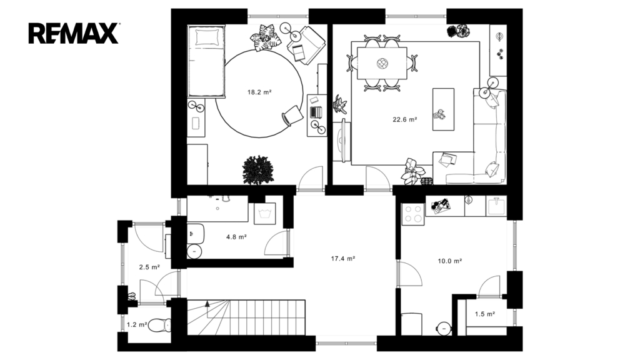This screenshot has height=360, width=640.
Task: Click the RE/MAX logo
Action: coord(74,34)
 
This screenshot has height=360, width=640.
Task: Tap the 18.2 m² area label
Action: coord(259,92)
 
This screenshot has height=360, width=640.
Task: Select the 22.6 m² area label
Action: coord(405,119)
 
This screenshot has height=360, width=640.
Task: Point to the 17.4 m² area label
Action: coord(343,258)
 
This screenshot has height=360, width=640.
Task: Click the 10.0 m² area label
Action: coord(450,261)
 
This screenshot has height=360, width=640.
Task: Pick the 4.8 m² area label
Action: coord(236,237)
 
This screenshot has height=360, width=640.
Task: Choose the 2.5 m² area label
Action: coord(149,267)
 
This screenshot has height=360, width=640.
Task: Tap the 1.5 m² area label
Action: coord(485,314)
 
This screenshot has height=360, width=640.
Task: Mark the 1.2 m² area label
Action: coord(137,325)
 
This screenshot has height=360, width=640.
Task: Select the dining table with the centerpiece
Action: coord(382,63)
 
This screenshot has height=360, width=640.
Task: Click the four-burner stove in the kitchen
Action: coord(413,214)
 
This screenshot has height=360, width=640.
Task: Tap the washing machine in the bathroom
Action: coord(264,214)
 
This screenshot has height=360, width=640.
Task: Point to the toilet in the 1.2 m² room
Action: coord(159,325)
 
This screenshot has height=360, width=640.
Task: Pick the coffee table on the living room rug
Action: coord(443,109)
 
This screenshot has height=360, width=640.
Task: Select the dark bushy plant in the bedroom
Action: coord(258,170)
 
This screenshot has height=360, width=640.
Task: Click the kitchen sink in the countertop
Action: coord(496,206)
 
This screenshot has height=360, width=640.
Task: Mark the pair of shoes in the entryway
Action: coord(132,297)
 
